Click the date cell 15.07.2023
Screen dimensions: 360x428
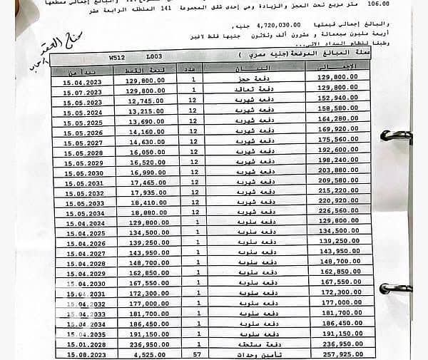83,93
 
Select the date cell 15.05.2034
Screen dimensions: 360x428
85,213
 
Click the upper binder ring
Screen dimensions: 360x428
396,135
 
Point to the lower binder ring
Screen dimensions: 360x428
396,289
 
